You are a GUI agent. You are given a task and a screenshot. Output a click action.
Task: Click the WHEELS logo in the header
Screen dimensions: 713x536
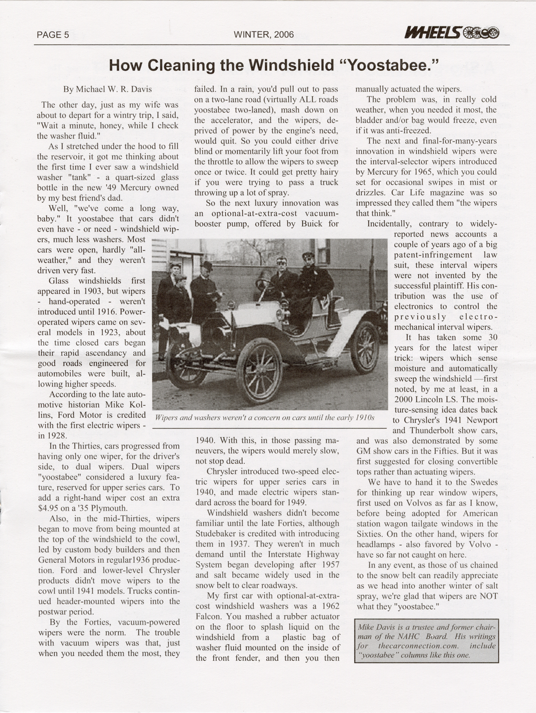coord(451,32)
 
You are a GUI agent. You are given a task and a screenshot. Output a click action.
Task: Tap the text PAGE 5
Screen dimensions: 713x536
coord(53,35)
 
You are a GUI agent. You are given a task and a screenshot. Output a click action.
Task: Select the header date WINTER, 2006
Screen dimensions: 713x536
coord(263,35)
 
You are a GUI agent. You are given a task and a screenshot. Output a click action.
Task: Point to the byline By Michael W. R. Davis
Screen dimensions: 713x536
coord(108,89)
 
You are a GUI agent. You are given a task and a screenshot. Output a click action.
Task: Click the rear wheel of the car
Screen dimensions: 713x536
coord(365,347)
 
